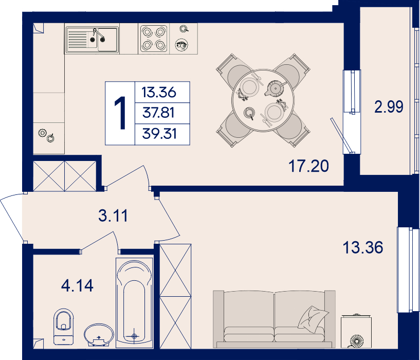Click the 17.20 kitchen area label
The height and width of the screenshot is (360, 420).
click(308, 166)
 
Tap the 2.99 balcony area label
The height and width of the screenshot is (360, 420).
click(389, 106)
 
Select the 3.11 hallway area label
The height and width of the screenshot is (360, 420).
click(113, 215)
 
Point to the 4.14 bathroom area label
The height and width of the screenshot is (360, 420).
click(77, 285)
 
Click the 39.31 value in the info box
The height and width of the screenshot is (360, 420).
click(159, 134)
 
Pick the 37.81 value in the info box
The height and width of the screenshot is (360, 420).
click(158, 113)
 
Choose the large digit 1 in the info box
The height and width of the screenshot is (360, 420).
click(120, 113)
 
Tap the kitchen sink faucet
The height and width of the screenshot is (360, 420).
click(98, 35)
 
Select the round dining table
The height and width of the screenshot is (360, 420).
click(263, 100)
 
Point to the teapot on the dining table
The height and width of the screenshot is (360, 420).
click(275, 88)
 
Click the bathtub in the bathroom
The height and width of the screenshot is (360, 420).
click(135, 303)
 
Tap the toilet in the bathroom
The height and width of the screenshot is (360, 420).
click(63, 327)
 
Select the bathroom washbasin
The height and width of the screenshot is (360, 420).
click(99, 336)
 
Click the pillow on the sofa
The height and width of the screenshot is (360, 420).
click(313, 319)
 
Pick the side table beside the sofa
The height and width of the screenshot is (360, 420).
click(356, 332)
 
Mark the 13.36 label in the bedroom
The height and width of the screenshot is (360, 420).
click(363, 247)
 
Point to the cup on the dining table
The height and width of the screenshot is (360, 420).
click(250, 113)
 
